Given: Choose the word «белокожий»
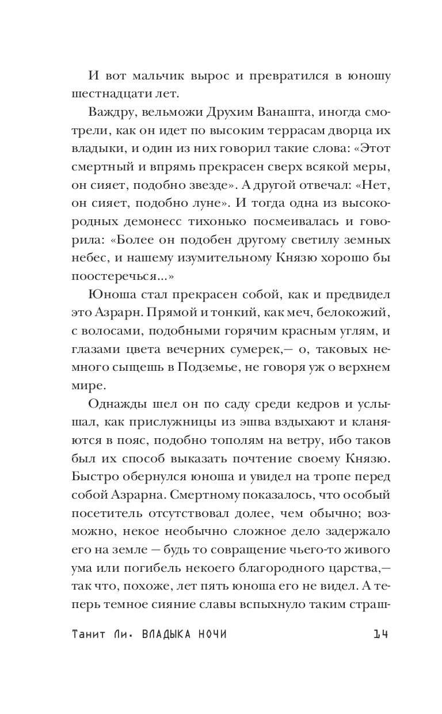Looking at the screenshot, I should pos(357,310).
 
